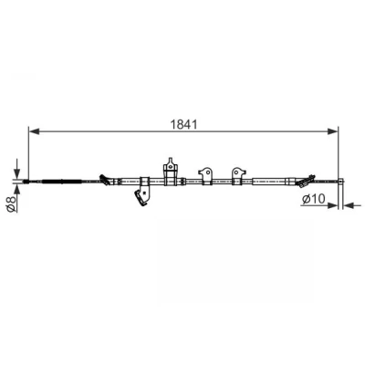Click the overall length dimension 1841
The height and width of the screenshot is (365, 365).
point(183,124)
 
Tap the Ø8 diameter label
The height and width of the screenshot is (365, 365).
point(11,204)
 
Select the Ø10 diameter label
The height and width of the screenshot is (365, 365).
point(314,199)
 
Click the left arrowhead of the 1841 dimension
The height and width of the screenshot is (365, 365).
point(34,131)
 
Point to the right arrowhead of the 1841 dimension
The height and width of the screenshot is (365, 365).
point(332,131)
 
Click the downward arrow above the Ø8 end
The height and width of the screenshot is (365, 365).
point(16,169)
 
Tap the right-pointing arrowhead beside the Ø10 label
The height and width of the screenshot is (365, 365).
point(333,205)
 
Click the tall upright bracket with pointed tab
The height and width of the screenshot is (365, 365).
point(171,171)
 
